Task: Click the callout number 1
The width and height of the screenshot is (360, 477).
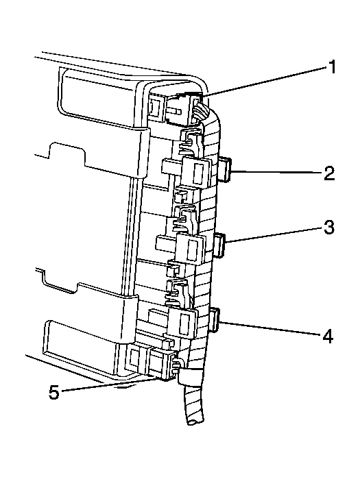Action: click(x=332, y=66)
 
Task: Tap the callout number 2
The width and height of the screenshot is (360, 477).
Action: click(x=329, y=173)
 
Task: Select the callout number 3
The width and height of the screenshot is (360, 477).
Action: click(x=328, y=227)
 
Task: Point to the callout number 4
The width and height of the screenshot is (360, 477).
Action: click(x=328, y=336)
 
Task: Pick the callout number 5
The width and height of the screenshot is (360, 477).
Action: click(x=54, y=392)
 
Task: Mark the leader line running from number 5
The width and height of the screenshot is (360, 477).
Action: click(x=109, y=384)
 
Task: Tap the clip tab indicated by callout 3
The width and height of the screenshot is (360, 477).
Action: click(x=219, y=245)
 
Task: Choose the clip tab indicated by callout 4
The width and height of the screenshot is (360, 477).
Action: click(x=215, y=319)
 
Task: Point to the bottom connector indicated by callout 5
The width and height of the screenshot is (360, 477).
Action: click(x=161, y=364)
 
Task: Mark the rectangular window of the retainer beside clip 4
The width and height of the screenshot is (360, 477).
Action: click(x=184, y=324)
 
